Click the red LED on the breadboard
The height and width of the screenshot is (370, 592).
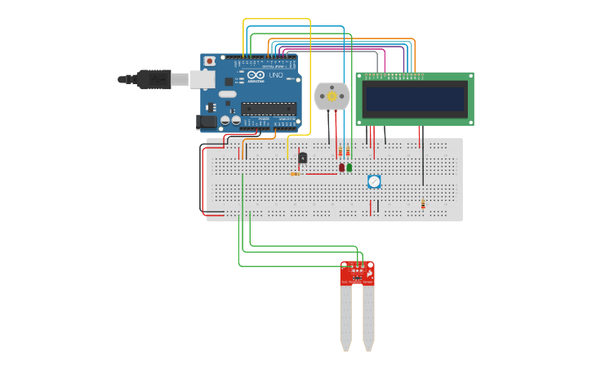point(341,167)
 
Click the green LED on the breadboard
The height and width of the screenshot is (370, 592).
point(349,167)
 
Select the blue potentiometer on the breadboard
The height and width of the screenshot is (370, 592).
point(374,181)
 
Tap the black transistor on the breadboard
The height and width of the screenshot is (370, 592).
point(303,158)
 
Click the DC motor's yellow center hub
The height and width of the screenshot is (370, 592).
point(332,97)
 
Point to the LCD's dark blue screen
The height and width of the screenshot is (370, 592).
point(415,100)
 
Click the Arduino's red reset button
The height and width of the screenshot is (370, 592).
point(210,61)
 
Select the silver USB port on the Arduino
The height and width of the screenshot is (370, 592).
point(202,79)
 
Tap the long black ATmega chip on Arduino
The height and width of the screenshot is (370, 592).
point(268,109)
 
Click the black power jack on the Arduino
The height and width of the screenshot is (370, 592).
point(207,122)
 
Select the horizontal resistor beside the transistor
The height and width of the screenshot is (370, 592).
point(295,174)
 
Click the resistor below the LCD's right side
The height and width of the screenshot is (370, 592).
point(423,204)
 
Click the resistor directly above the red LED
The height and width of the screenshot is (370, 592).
point(341,152)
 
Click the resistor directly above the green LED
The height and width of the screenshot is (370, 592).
point(349,152)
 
